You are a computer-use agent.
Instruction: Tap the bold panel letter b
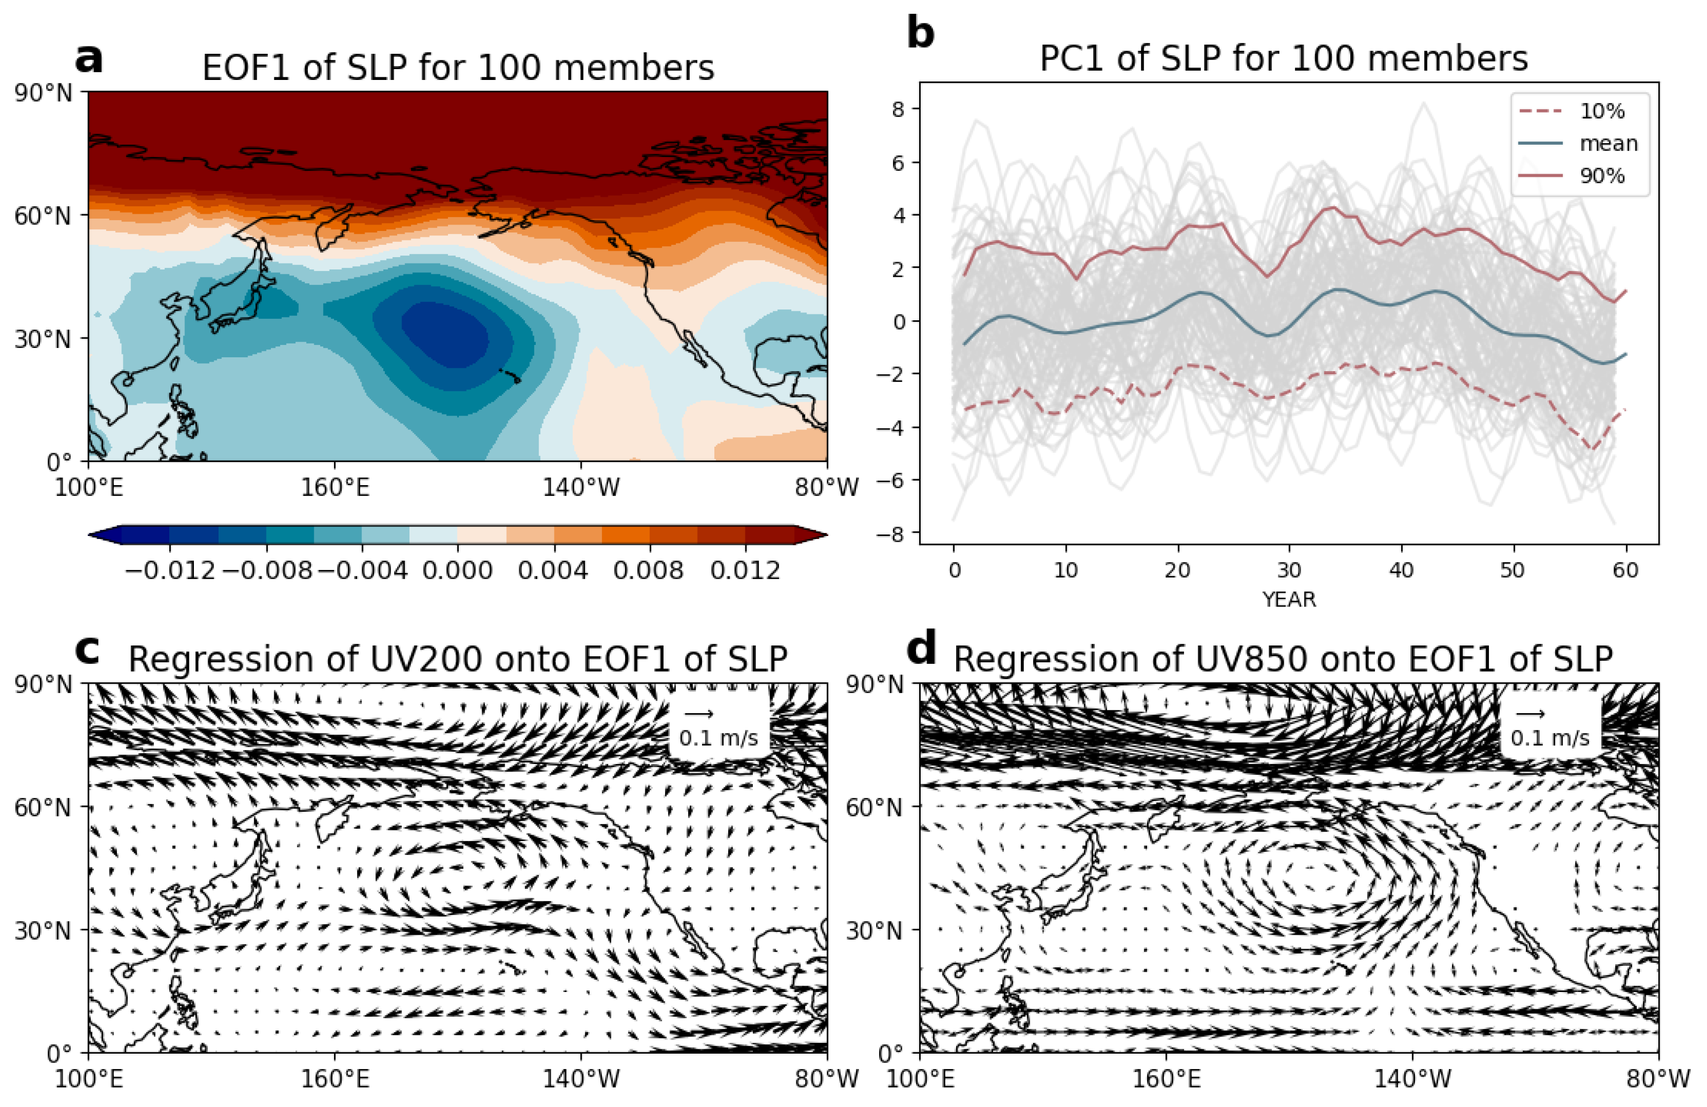tap(921, 32)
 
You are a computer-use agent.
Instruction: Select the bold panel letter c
tap(87, 650)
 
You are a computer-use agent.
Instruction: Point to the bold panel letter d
tap(922, 648)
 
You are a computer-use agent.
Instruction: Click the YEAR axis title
tap(1289, 600)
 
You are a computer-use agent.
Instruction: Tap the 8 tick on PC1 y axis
tap(897, 109)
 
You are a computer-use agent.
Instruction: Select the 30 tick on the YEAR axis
tap(1289, 571)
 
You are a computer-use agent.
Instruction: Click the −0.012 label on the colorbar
tap(170, 571)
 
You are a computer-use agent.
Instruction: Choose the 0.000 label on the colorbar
tap(458, 571)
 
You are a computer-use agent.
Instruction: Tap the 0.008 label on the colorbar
tap(649, 571)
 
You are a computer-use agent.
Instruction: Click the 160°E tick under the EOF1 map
tap(335, 488)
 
